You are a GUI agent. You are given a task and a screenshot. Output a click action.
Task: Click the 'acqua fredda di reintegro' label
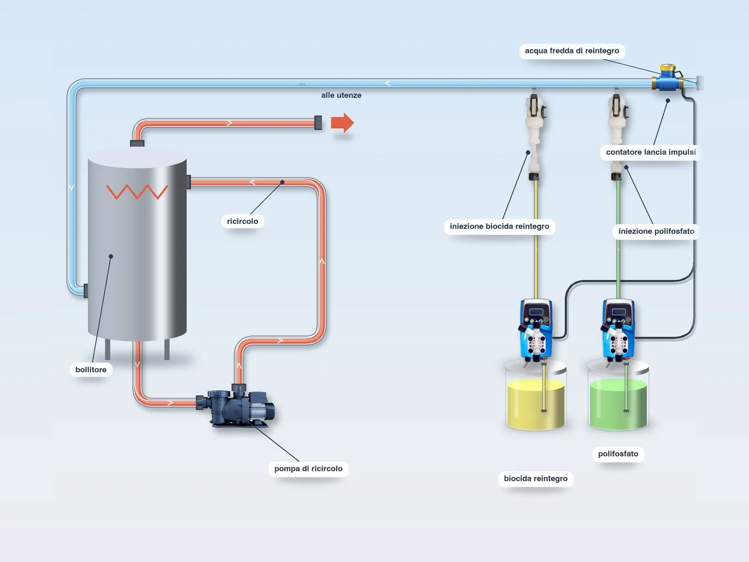coord(572,51)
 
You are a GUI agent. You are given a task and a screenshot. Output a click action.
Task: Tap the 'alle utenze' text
coord(341,95)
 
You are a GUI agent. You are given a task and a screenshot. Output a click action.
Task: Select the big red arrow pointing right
coord(342,123)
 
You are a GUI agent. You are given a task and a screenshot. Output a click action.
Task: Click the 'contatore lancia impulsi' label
coord(651,152)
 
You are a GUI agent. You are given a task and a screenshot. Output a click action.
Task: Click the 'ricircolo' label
coord(242,222)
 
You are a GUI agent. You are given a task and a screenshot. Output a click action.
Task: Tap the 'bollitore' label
coord(91,370)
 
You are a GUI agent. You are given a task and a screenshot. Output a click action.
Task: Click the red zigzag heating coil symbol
coord(137,192)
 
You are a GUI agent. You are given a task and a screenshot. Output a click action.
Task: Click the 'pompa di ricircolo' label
coord(308,468)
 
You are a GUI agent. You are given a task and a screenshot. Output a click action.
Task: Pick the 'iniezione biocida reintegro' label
coord(499,227)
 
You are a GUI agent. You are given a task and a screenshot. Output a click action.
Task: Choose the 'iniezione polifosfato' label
coord(656,231)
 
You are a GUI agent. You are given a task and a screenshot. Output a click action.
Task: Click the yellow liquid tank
coord(536,396)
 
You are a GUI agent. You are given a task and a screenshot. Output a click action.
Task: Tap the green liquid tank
coord(618,396)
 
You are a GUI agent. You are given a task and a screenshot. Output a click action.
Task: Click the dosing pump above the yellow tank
coord(536,329)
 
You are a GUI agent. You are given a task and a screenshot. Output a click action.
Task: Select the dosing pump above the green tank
coord(617,329)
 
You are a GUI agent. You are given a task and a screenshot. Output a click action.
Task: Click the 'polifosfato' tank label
coord(618,454)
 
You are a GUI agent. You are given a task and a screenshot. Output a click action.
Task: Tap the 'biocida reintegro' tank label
coord(536,479)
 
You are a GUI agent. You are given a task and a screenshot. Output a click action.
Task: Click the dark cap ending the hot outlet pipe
coord(318,123)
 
